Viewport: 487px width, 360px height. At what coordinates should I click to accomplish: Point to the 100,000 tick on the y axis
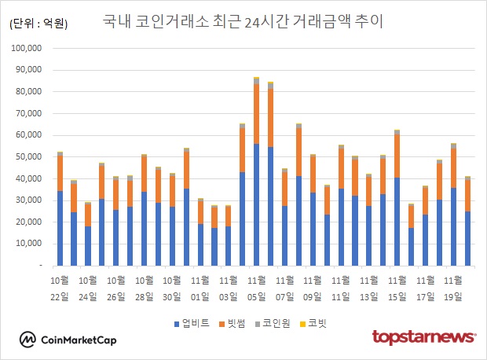click(x=31, y=48)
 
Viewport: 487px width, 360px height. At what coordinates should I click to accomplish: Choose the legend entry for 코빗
click(x=314, y=322)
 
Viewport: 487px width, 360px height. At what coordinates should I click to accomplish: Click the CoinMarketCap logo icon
click(x=28, y=339)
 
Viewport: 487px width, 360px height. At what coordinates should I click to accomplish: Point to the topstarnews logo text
click(x=423, y=337)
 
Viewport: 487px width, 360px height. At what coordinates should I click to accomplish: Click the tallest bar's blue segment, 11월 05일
click(x=256, y=204)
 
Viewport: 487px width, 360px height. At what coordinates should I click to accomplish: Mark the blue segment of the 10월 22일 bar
click(x=60, y=228)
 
